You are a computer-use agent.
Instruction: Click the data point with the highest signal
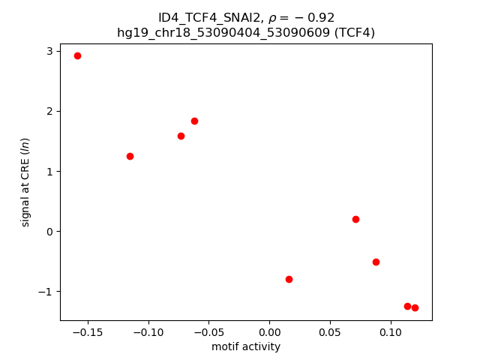click(77, 55)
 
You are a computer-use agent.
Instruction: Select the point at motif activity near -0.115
click(130, 156)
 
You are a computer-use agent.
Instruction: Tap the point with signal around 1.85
click(194, 121)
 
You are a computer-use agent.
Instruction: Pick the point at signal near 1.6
click(181, 136)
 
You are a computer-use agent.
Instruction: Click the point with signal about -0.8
click(289, 279)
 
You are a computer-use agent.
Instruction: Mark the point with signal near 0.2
click(355, 219)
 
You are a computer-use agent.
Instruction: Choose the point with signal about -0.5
click(376, 262)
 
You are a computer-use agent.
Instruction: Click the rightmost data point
click(415, 307)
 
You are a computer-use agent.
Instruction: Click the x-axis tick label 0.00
click(269, 331)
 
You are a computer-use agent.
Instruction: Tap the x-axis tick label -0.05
click(208, 331)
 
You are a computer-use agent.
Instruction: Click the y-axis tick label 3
click(49, 51)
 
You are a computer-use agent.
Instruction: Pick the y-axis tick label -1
click(46, 292)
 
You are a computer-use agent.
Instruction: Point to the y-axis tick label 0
click(49, 232)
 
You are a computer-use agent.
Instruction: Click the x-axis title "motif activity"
click(246, 346)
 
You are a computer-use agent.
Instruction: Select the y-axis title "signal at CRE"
click(25, 182)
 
